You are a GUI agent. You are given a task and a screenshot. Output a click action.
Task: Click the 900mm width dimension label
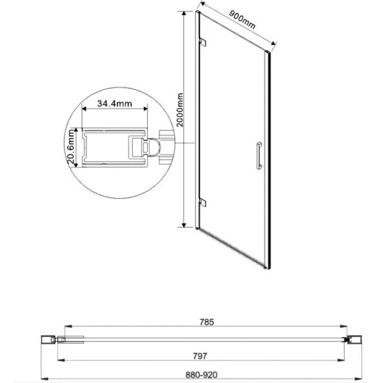click(x=241, y=21)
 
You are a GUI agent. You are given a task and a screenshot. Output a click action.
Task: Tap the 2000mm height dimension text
click(x=180, y=109)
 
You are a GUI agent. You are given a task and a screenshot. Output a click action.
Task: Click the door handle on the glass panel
click(x=259, y=154)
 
